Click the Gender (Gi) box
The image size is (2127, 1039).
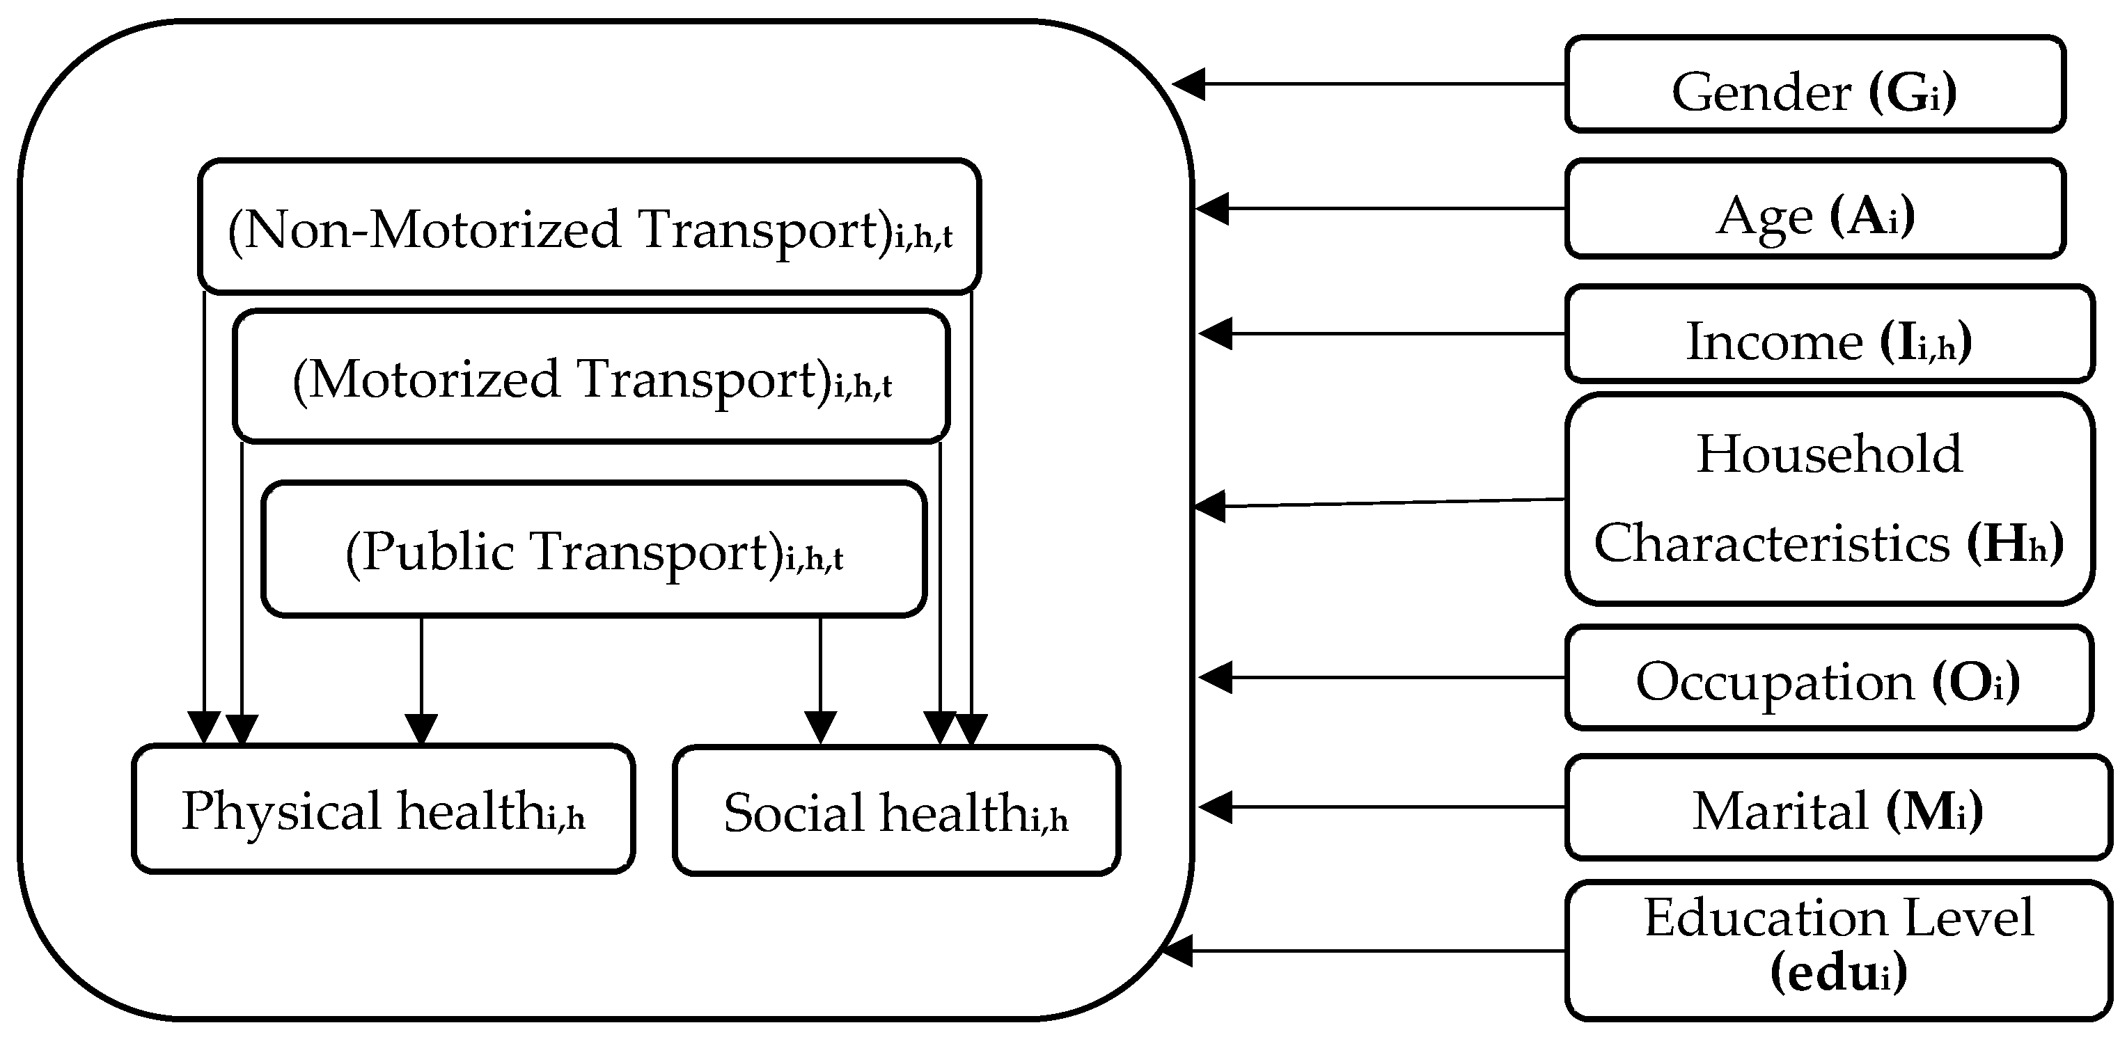point(1814,84)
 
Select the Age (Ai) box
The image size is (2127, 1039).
point(1814,209)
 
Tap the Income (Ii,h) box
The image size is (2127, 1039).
point(1828,334)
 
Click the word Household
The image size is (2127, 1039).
point(1829,454)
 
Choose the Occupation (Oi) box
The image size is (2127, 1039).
point(1828,678)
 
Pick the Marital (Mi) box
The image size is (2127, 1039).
point(1837,807)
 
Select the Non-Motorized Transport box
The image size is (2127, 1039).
point(589,226)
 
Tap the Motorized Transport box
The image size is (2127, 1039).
point(591,376)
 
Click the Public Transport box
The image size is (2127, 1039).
point(593,549)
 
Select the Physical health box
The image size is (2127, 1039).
point(383,809)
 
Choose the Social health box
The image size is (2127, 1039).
point(896,811)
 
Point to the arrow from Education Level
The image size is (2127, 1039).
point(1363,951)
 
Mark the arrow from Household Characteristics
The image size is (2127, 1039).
point(1379,503)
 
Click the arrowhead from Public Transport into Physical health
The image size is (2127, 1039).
point(421,729)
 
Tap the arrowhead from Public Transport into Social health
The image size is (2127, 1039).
point(820,729)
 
